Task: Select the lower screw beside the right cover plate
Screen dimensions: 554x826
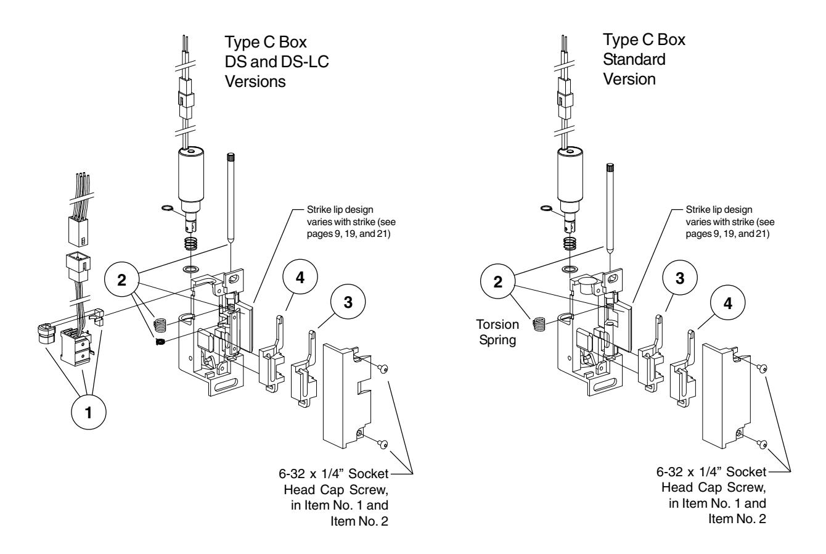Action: (762, 444)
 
